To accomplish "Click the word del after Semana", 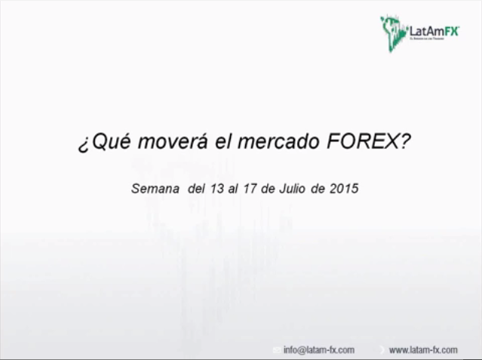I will tap(195, 189).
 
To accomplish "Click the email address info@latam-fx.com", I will tap(319, 349).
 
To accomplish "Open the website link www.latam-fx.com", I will tap(423, 349).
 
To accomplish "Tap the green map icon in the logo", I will tap(393, 31).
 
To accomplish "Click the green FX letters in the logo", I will tap(450, 31).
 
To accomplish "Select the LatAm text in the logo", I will tap(424, 31).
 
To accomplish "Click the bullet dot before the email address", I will tap(277, 350).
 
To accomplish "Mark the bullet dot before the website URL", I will tap(382, 350).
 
